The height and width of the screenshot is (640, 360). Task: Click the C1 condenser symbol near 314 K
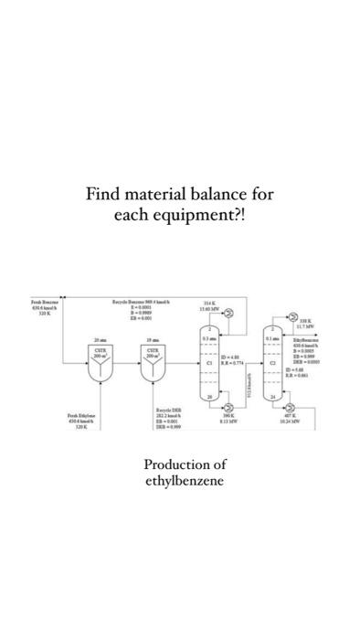(x=228, y=315)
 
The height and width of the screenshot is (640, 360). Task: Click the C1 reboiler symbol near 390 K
(x=228, y=405)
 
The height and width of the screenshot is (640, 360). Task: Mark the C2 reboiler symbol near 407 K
(x=291, y=406)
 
